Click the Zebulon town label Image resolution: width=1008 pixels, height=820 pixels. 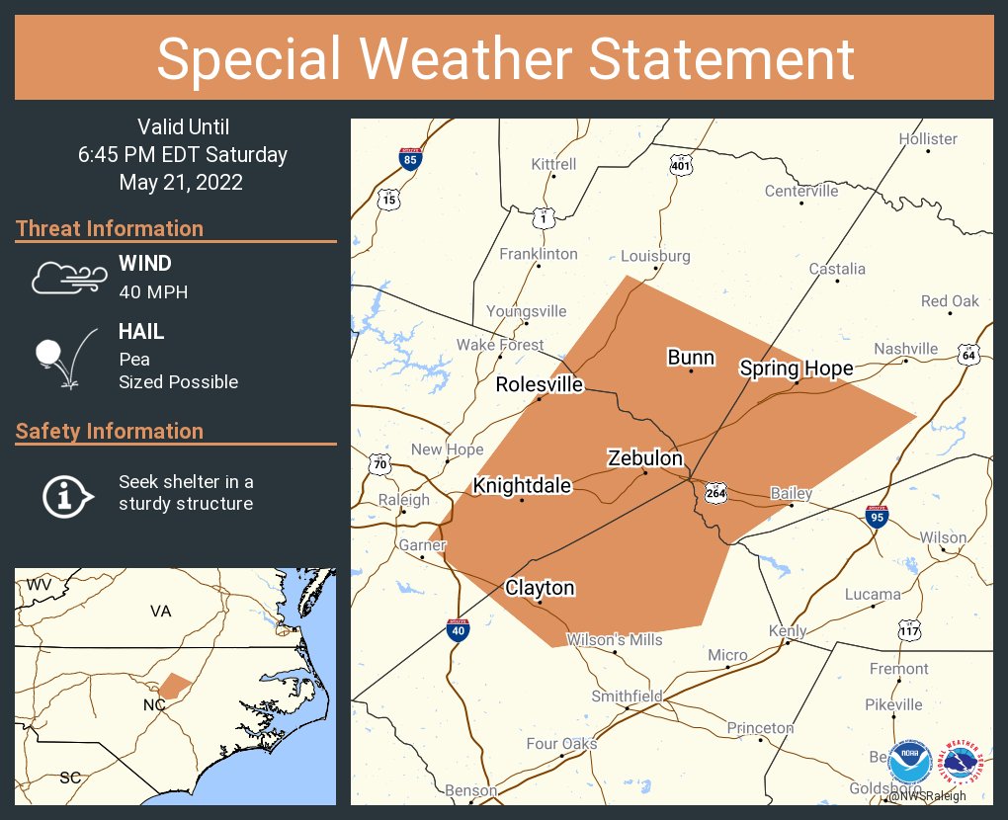pyautogui.click(x=645, y=458)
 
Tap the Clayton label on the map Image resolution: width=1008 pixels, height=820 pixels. pyautogui.click(x=540, y=588)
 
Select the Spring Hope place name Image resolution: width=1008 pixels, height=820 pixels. pyautogui.click(x=797, y=369)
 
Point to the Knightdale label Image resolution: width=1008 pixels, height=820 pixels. pyautogui.click(x=522, y=486)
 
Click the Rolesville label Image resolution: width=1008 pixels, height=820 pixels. pyautogui.click(x=540, y=384)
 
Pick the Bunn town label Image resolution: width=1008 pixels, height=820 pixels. pyautogui.click(x=691, y=358)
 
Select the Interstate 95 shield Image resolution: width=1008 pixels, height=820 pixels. pyautogui.click(x=878, y=515)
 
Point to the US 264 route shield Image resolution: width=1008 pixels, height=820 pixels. pyautogui.click(x=717, y=492)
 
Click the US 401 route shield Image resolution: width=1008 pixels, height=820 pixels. pyautogui.click(x=680, y=165)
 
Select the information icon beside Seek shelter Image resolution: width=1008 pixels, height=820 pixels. pyautogui.click(x=66, y=494)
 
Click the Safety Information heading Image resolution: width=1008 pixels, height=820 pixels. pyautogui.click(x=110, y=432)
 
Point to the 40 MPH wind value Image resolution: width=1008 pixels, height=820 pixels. pyautogui.click(x=153, y=292)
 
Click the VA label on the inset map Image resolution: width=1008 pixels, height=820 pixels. pyautogui.click(x=161, y=612)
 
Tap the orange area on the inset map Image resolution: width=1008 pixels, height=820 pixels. pyautogui.click(x=176, y=686)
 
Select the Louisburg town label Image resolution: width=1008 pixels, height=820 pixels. pyautogui.click(x=655, y=256)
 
